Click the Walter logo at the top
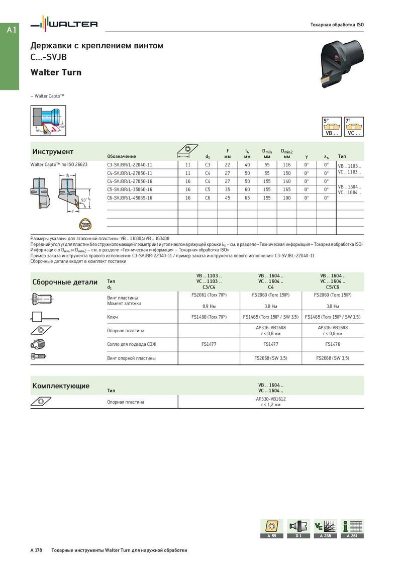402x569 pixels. pyautogui.click(x=64, y=24)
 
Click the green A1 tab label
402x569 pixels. pyautogui.click(x=12, y=30)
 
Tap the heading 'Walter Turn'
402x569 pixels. pyautogui.click(x=56, y=72)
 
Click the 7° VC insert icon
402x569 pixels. pyautogui.click(x=354, y=127)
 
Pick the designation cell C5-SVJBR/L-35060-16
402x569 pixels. pyautogui.click(x=130, y=189)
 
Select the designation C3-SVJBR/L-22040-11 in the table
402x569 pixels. pyautogui.click(x=130, y=164)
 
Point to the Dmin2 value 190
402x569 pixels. pyautogui.click(x=286, y=198)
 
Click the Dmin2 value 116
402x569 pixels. pyautogui.click(x=286, y=164)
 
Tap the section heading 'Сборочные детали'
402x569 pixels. pyautogui.click(x=65, y=282)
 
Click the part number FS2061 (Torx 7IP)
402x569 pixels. pyautogui.click(x=209, y=295)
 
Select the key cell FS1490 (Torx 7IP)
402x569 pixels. pyautogui.click(x=209, y=317)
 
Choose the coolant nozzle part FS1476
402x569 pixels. pyautogui.click(x=332, y=344)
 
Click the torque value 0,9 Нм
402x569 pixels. pyautogui.click(x=209, y=306)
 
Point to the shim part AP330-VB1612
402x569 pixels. pyautogui.click(x=271, y=399)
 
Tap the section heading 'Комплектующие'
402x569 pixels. pyautogui.click(x=61, y=386)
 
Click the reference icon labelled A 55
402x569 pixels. pyautogui.click(x=271, y=528)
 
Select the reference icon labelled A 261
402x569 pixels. pyautogui.click(x=352, y=528)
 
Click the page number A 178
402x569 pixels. pyautogui.click(x=36, y=550)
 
